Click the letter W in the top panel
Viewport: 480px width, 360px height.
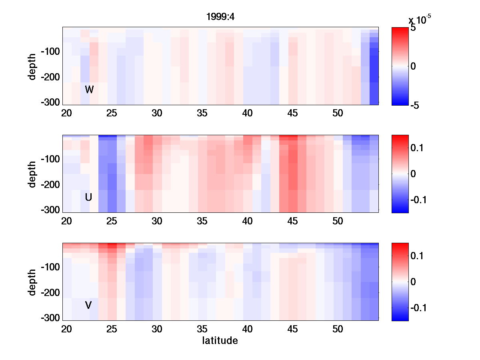tap(89, 90)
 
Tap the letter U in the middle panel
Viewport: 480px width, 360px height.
tap(89, 197)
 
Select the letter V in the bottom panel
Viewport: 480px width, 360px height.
tap(88, 306)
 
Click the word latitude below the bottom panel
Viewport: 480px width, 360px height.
tap(220, 341)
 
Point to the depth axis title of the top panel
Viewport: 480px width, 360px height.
tap(32, 66)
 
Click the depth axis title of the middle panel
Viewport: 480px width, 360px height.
tap(32, 174)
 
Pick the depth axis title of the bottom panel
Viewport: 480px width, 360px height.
tap(32, 282)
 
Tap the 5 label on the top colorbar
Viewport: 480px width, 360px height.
tap(413, 29)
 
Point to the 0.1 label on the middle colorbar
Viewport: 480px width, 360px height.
tap(417, 148)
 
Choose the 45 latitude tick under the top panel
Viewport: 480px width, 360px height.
tap(293, 114)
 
